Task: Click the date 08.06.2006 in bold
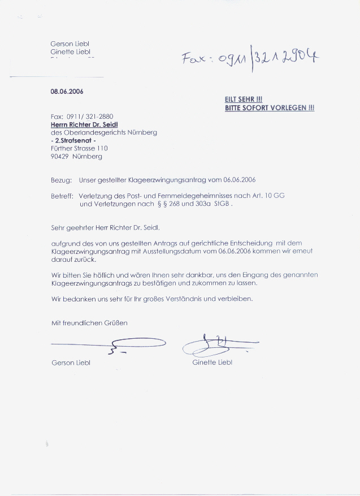point(67,91)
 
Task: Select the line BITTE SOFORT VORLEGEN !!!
point(269,107)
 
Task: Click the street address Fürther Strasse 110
point(79,148)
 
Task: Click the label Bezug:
point(61,180)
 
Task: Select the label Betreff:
point(62,196)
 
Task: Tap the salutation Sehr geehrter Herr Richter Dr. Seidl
point(106,227)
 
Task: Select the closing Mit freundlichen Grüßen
point(89,323)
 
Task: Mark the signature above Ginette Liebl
point(218,343)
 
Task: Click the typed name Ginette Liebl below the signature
point(212,363)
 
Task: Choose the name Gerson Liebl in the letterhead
point(71,44)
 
